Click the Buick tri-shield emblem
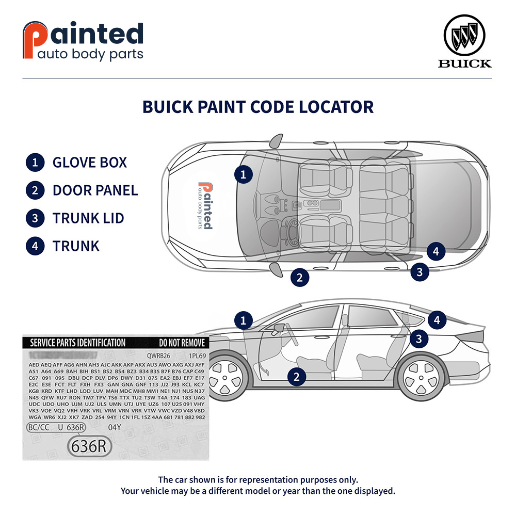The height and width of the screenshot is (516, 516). coord(467,36)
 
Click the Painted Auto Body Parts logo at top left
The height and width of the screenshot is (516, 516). coord(83,41)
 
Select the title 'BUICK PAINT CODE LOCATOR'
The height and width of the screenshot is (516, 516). coord(258,107)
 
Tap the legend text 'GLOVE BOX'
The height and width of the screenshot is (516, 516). coord(90,163)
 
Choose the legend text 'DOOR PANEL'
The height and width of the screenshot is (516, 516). coord(95,190)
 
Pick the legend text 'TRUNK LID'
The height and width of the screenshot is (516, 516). coord(88,218)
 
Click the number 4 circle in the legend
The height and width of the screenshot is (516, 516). coord(35,246)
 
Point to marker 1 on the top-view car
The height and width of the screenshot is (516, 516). coord(244,174)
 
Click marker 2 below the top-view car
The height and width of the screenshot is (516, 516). coord(299,278)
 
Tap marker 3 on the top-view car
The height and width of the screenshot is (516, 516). coord(420,272)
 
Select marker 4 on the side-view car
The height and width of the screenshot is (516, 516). coord(437,320)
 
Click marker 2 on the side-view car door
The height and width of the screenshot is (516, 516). coord(296,377)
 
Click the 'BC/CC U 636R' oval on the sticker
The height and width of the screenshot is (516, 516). coord(56,427)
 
